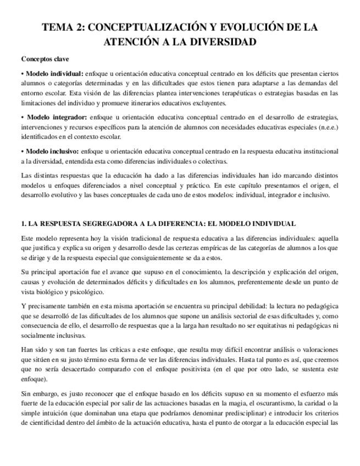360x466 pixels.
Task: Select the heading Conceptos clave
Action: [x=45, y=59]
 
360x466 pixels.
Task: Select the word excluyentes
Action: [x=192, y=103]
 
